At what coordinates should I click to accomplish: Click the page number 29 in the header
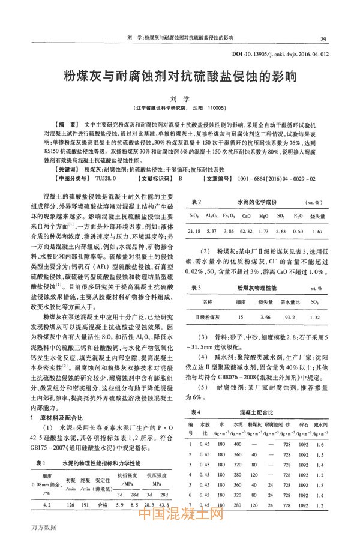click(324, 39)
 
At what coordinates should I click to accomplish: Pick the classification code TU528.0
click(105, 179)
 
